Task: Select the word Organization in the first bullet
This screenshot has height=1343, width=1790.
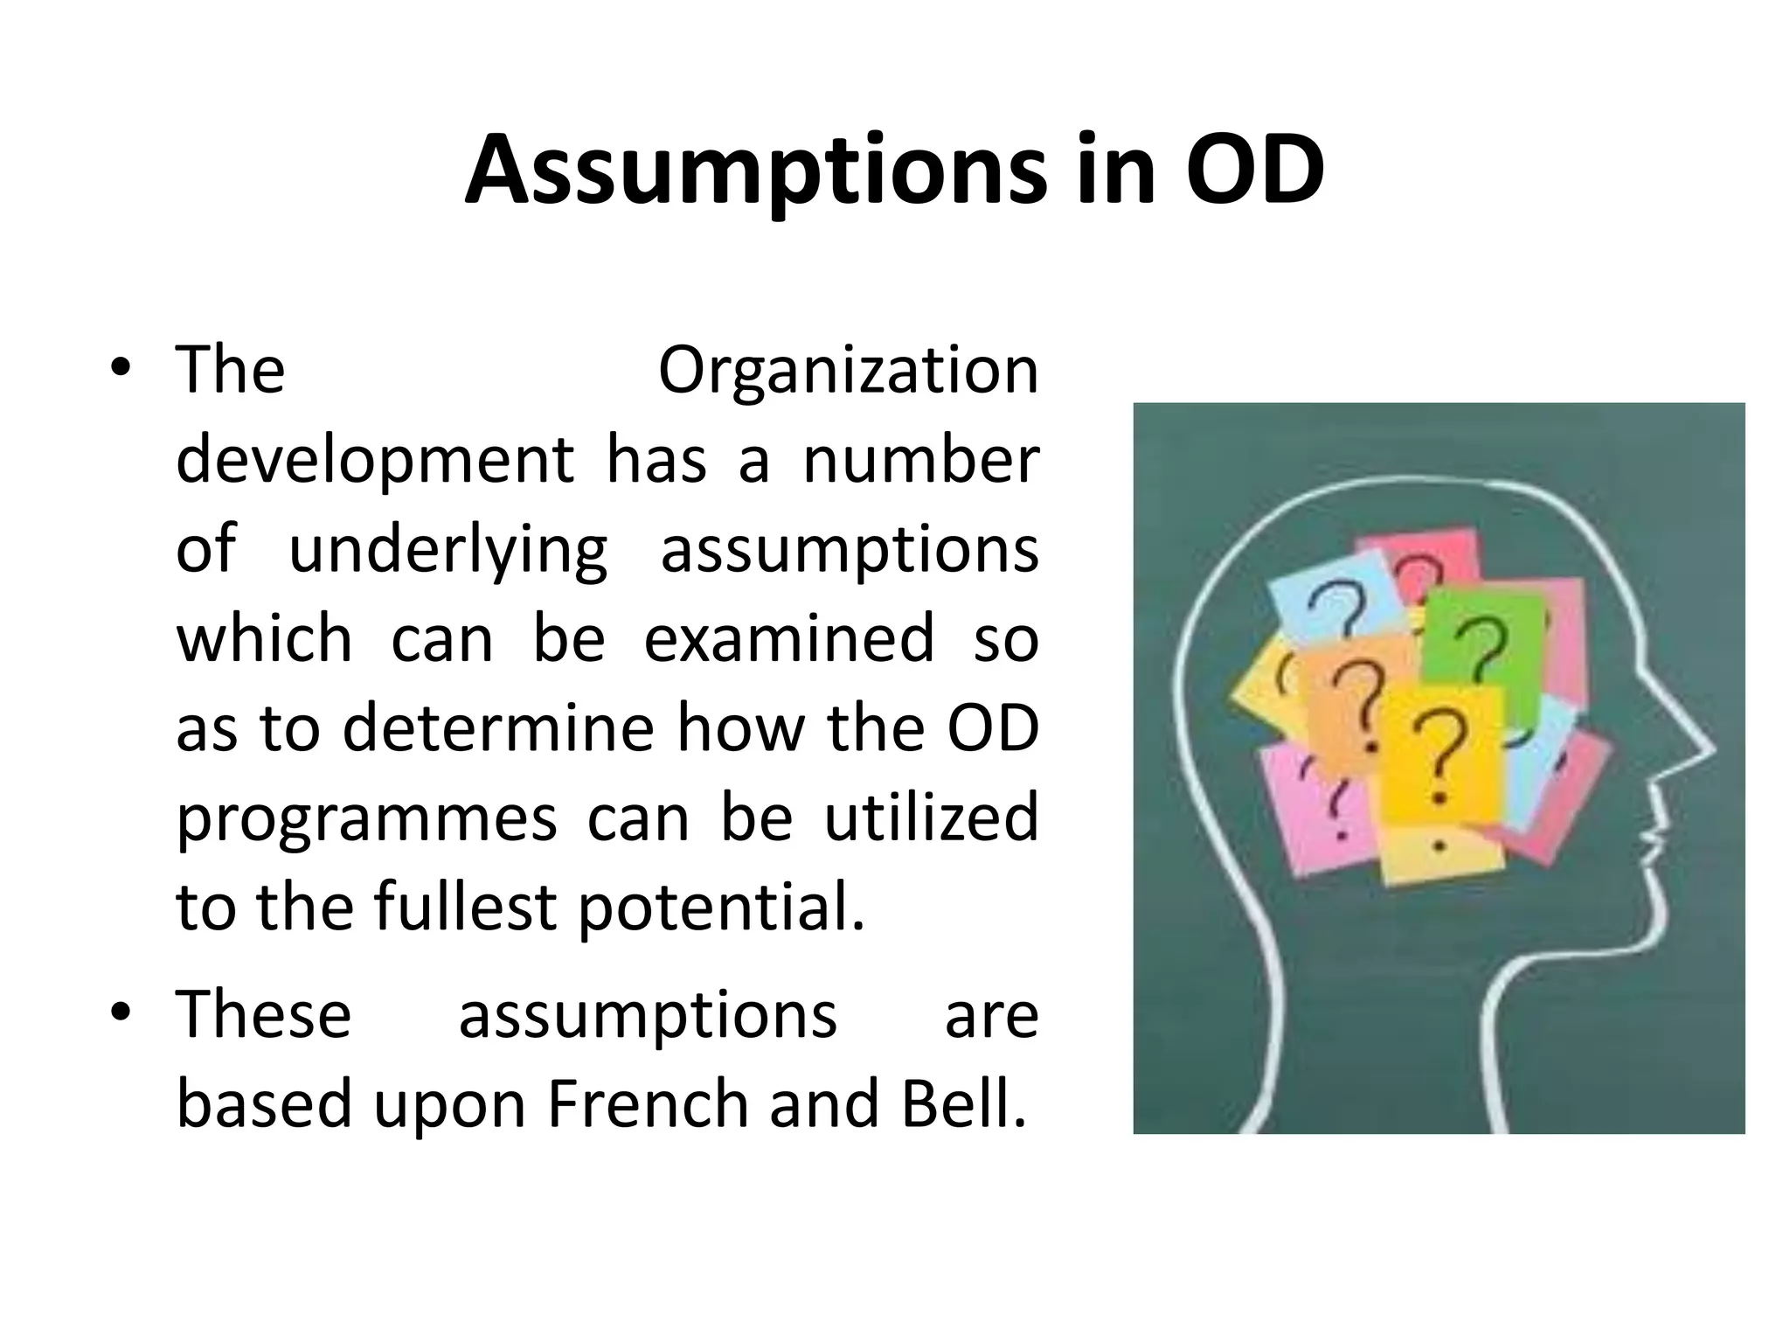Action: click(x=848, y=371)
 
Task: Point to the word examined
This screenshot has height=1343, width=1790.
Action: click(x=789, y=638)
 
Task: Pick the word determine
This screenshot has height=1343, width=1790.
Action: click(x=498, y=728)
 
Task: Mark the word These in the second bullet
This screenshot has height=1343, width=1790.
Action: click(x=264, y=1014)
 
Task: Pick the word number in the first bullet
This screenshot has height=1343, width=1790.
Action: click(x=921, y=460)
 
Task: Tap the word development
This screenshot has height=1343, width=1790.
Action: click(x=375, y=462)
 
